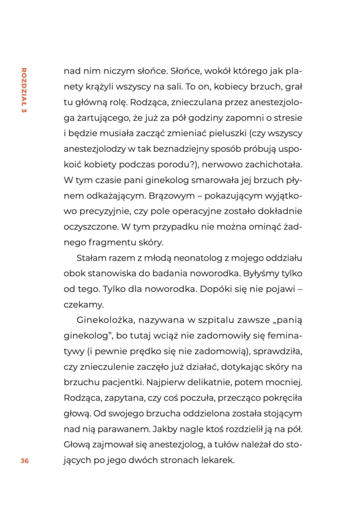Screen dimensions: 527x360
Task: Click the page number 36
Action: [24, 461]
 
